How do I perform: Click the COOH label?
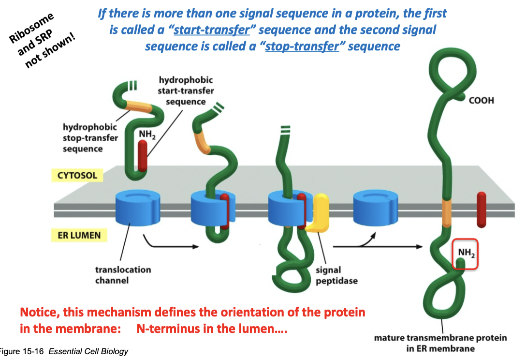(481, 100)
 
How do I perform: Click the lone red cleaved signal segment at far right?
(481, 210)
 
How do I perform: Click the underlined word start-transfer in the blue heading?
(211, 30)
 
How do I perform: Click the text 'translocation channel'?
(123, 274)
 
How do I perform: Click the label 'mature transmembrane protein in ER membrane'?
(440, 343)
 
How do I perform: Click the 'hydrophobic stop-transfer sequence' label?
(90, 137)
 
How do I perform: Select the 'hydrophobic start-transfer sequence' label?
(186, 90)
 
